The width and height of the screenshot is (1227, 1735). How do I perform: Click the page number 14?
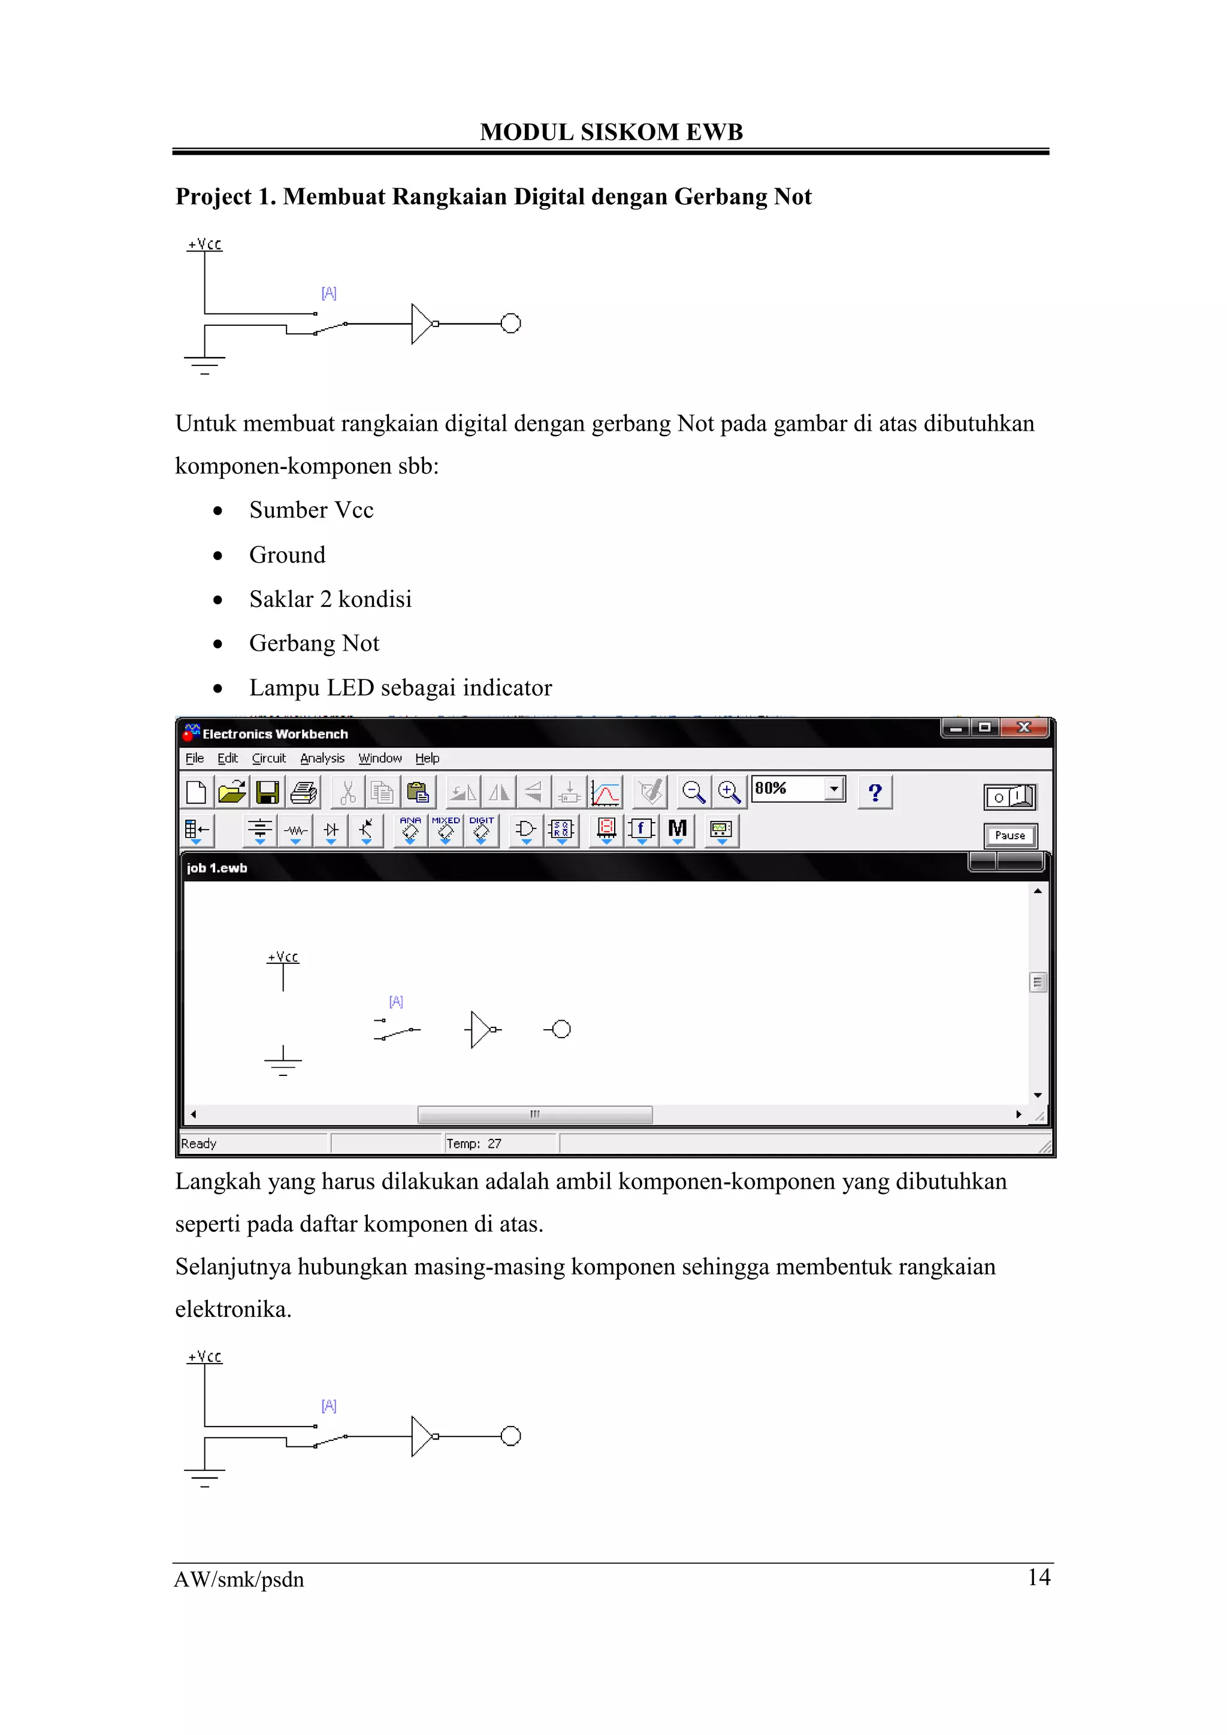[x=1039, y=1577]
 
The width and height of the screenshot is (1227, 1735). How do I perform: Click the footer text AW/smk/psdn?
[x=239, y=1579]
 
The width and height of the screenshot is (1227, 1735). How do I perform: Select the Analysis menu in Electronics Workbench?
[x=322, y=758]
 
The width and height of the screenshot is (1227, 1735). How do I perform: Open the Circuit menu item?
[x=268, y=758]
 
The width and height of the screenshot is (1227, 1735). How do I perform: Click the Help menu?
[x=427, y=758]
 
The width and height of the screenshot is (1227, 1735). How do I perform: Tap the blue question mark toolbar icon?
[x=875, y=793]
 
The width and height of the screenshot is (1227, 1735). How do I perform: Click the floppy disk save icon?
[x=267, y=793]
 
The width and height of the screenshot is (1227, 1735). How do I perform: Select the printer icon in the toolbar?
[x=304, y=793]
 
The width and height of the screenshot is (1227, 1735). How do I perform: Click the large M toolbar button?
[x=677, y=830]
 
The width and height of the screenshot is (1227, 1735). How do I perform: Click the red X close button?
[x=1024, y=727]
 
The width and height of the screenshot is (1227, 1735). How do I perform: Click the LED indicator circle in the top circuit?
[x=510, y=324]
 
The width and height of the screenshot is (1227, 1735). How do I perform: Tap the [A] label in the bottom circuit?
[x=329, y=1405]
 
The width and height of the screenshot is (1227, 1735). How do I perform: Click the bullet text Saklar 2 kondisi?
[x=330, y=599]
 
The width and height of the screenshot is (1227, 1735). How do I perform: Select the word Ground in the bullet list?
[x=287, y=555]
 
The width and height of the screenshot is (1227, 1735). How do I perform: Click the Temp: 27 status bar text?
[x=474, y=1143]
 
